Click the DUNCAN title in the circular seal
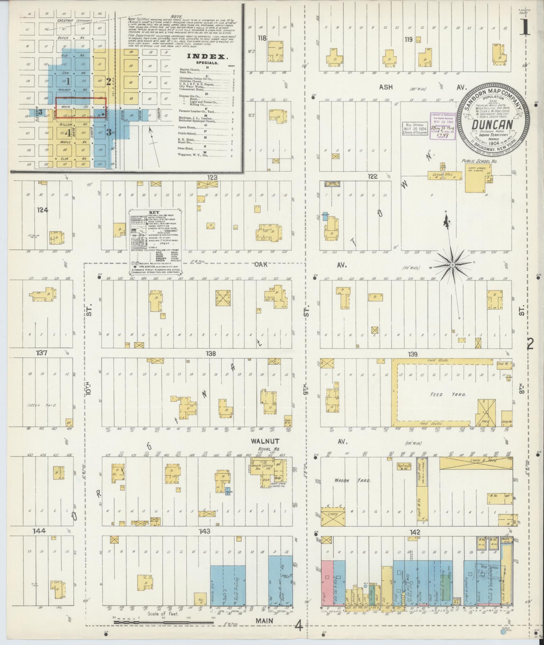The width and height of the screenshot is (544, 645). (x=492, y=125)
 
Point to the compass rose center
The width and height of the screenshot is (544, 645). (x=452, y=265)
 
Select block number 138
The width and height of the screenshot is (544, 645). (x=211, y=354)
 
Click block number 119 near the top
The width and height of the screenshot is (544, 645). (x=409, y=39)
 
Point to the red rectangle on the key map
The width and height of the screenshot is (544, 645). (x=81, y=108)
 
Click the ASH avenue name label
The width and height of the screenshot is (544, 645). (x=386, y=87)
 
